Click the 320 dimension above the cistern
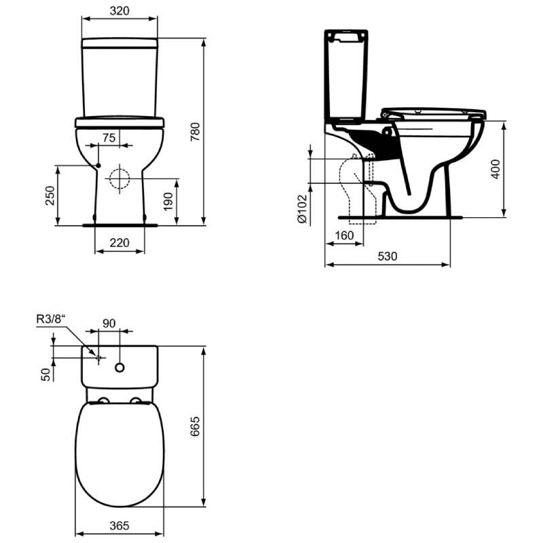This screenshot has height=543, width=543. pyautogui.click(x=119, y=11)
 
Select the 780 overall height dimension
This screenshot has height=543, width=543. pyautogui.click(x=195, y=132)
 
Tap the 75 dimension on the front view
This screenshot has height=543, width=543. pyautogui.click(x=109, y=138)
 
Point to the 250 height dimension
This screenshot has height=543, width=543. pyautogui.click(x=50, y=195)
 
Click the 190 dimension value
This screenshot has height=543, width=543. pyautogui.click(x=168, y=202)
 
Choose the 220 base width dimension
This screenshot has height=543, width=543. pyautogui.click(x=119, y=243)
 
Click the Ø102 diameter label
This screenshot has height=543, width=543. pyautogui.click(x=302, y=208)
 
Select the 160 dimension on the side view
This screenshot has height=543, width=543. pyautogui.click(x=344, y=236)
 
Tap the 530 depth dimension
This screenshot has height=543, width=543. pyautogui.click(x=387, y=257)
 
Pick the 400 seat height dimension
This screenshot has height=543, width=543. pyautogui.click(x=496, y=169)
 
